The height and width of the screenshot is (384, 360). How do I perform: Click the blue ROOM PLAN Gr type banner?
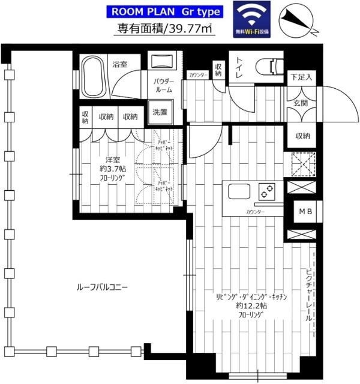click(166, 11)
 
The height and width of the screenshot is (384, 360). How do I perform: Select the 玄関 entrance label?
click(299, 103)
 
